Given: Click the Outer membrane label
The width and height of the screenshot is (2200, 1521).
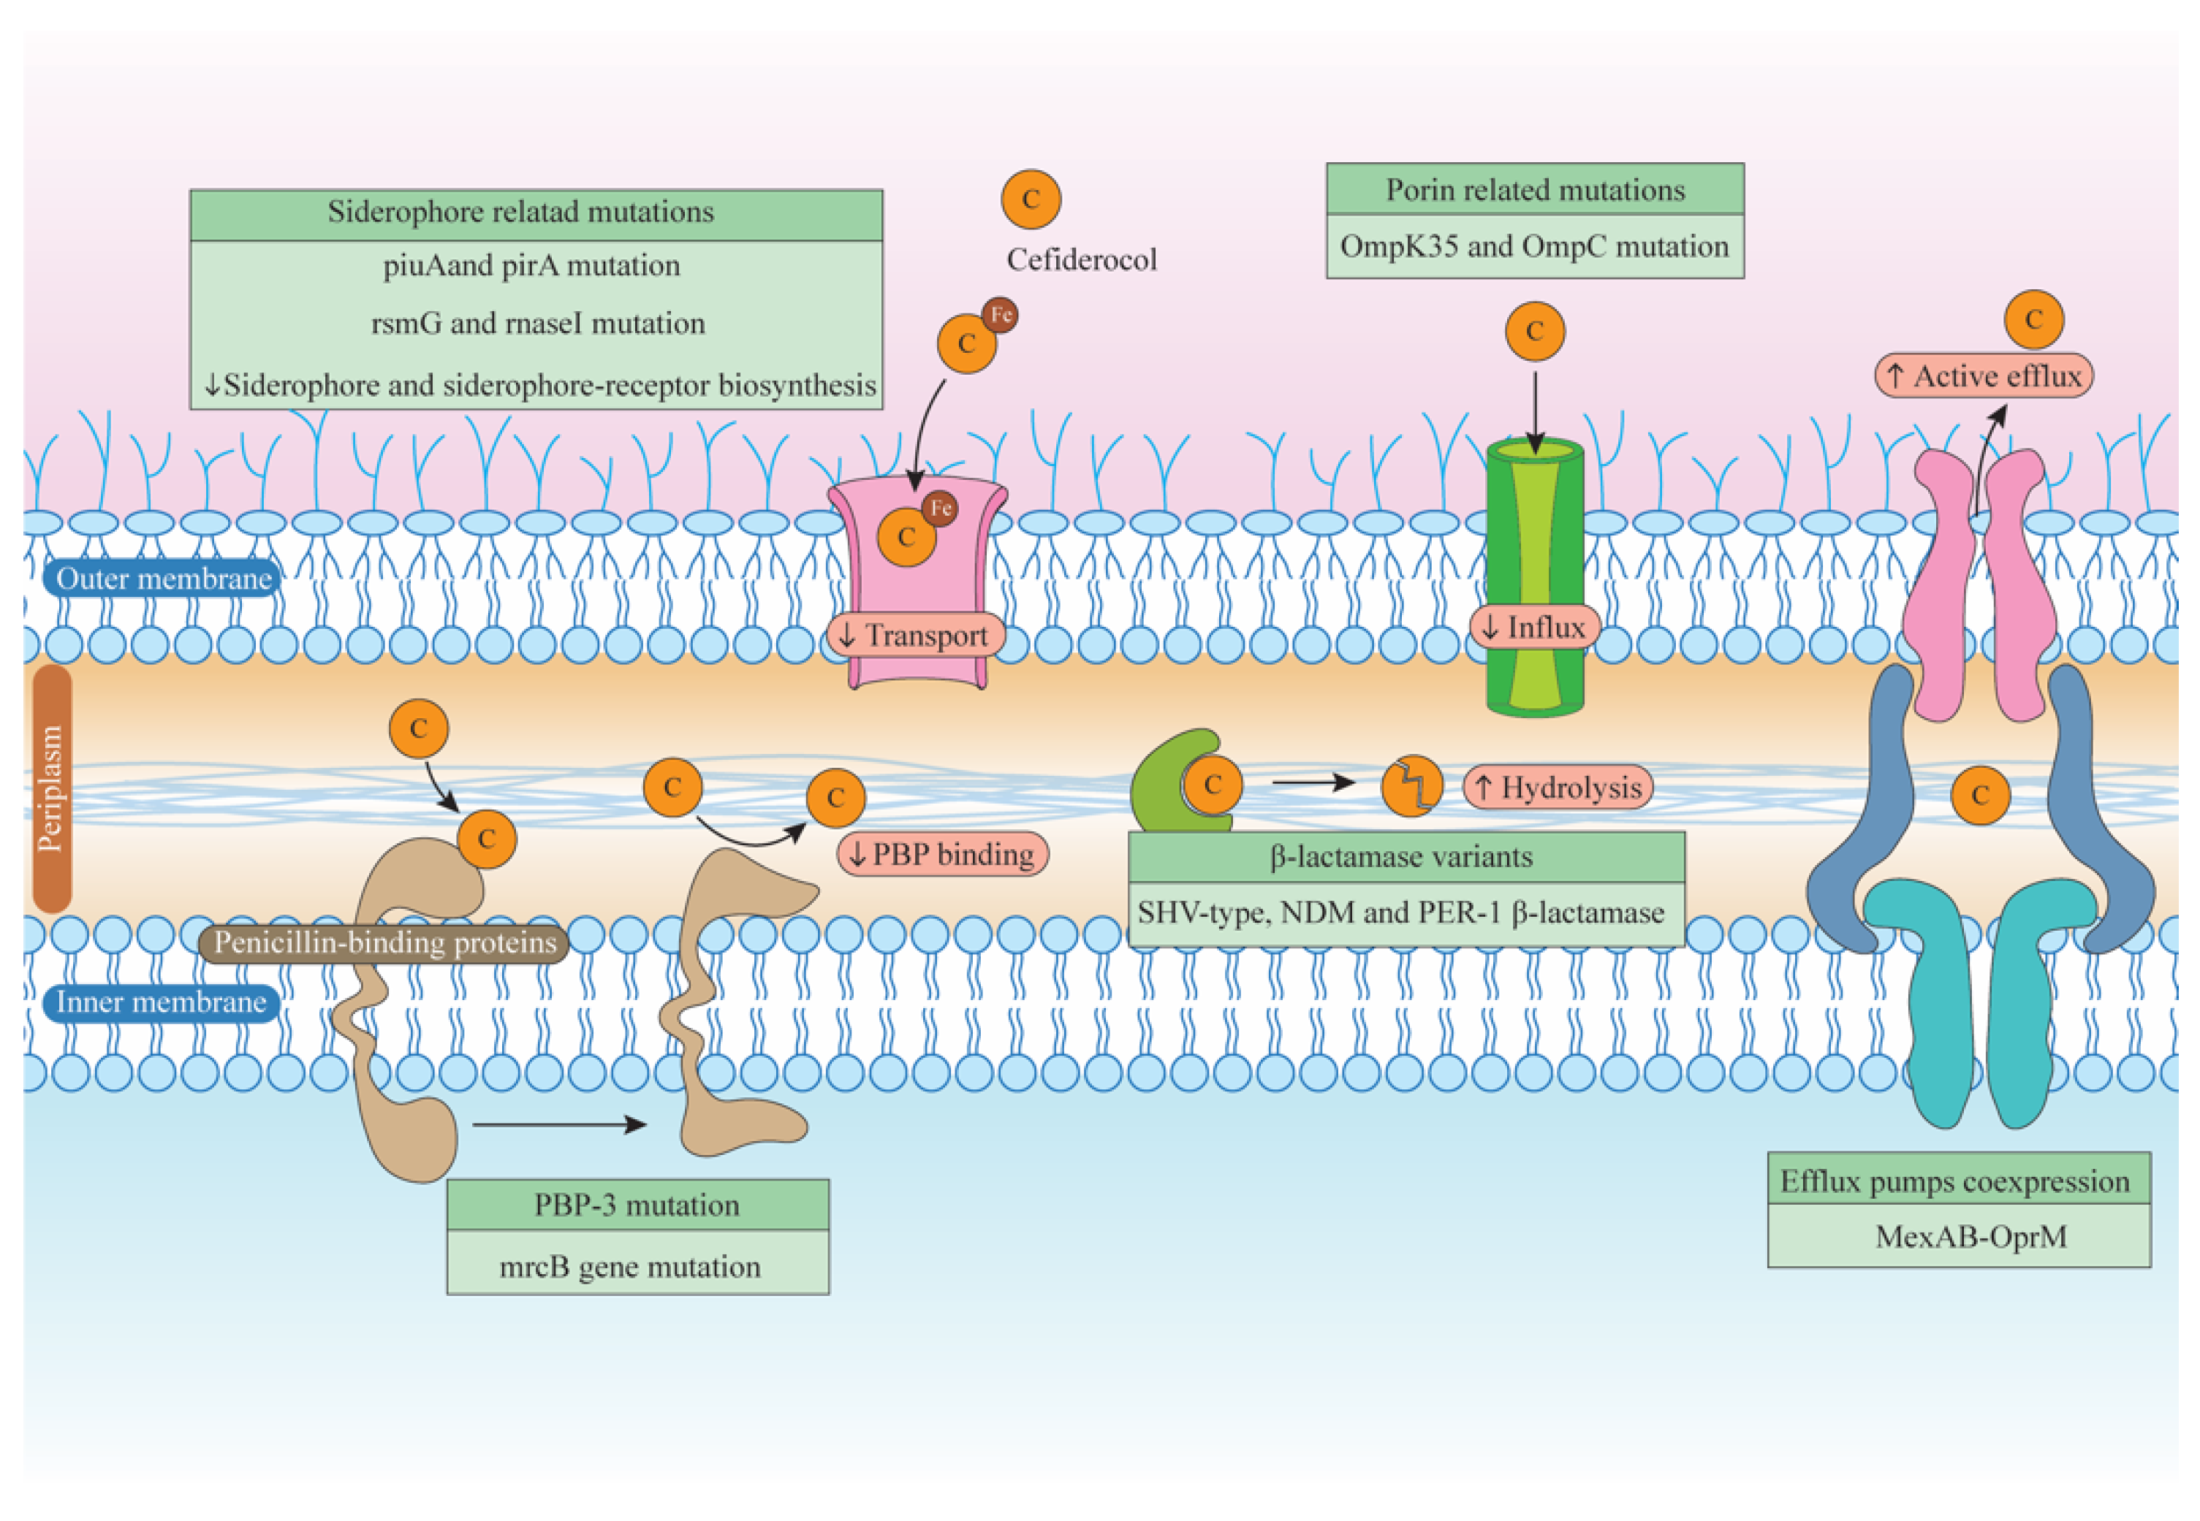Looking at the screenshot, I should (163, 579).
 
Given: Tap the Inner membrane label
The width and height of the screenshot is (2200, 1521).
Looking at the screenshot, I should (161, 1002).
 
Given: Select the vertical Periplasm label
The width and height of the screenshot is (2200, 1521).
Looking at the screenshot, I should (51, 788).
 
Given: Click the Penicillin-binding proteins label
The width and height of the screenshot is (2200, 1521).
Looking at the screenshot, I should (384, 942).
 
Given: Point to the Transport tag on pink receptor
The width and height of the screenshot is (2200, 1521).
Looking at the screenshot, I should (916, 635).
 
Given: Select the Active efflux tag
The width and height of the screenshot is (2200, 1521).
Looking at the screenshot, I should (1984, 376).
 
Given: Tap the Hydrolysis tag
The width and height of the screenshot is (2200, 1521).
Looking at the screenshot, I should (1558, 788).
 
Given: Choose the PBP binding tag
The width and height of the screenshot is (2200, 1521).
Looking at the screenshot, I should (943, 853).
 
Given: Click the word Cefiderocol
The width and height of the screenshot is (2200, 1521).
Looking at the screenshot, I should (1081, 259).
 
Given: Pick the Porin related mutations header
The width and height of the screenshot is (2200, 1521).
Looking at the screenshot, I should (1535, 190).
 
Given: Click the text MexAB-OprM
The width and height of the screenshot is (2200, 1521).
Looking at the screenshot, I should (1971, 1236).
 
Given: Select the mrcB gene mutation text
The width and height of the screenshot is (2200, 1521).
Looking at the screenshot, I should (630, 1267).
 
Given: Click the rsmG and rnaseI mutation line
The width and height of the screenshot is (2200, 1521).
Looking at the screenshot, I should (538, 323).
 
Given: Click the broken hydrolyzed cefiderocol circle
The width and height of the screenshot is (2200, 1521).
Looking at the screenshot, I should (1411, 786).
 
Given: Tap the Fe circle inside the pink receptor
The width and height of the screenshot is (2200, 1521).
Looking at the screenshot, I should (940, 508).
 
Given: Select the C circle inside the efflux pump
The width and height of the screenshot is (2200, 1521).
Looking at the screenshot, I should (1981, 795).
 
